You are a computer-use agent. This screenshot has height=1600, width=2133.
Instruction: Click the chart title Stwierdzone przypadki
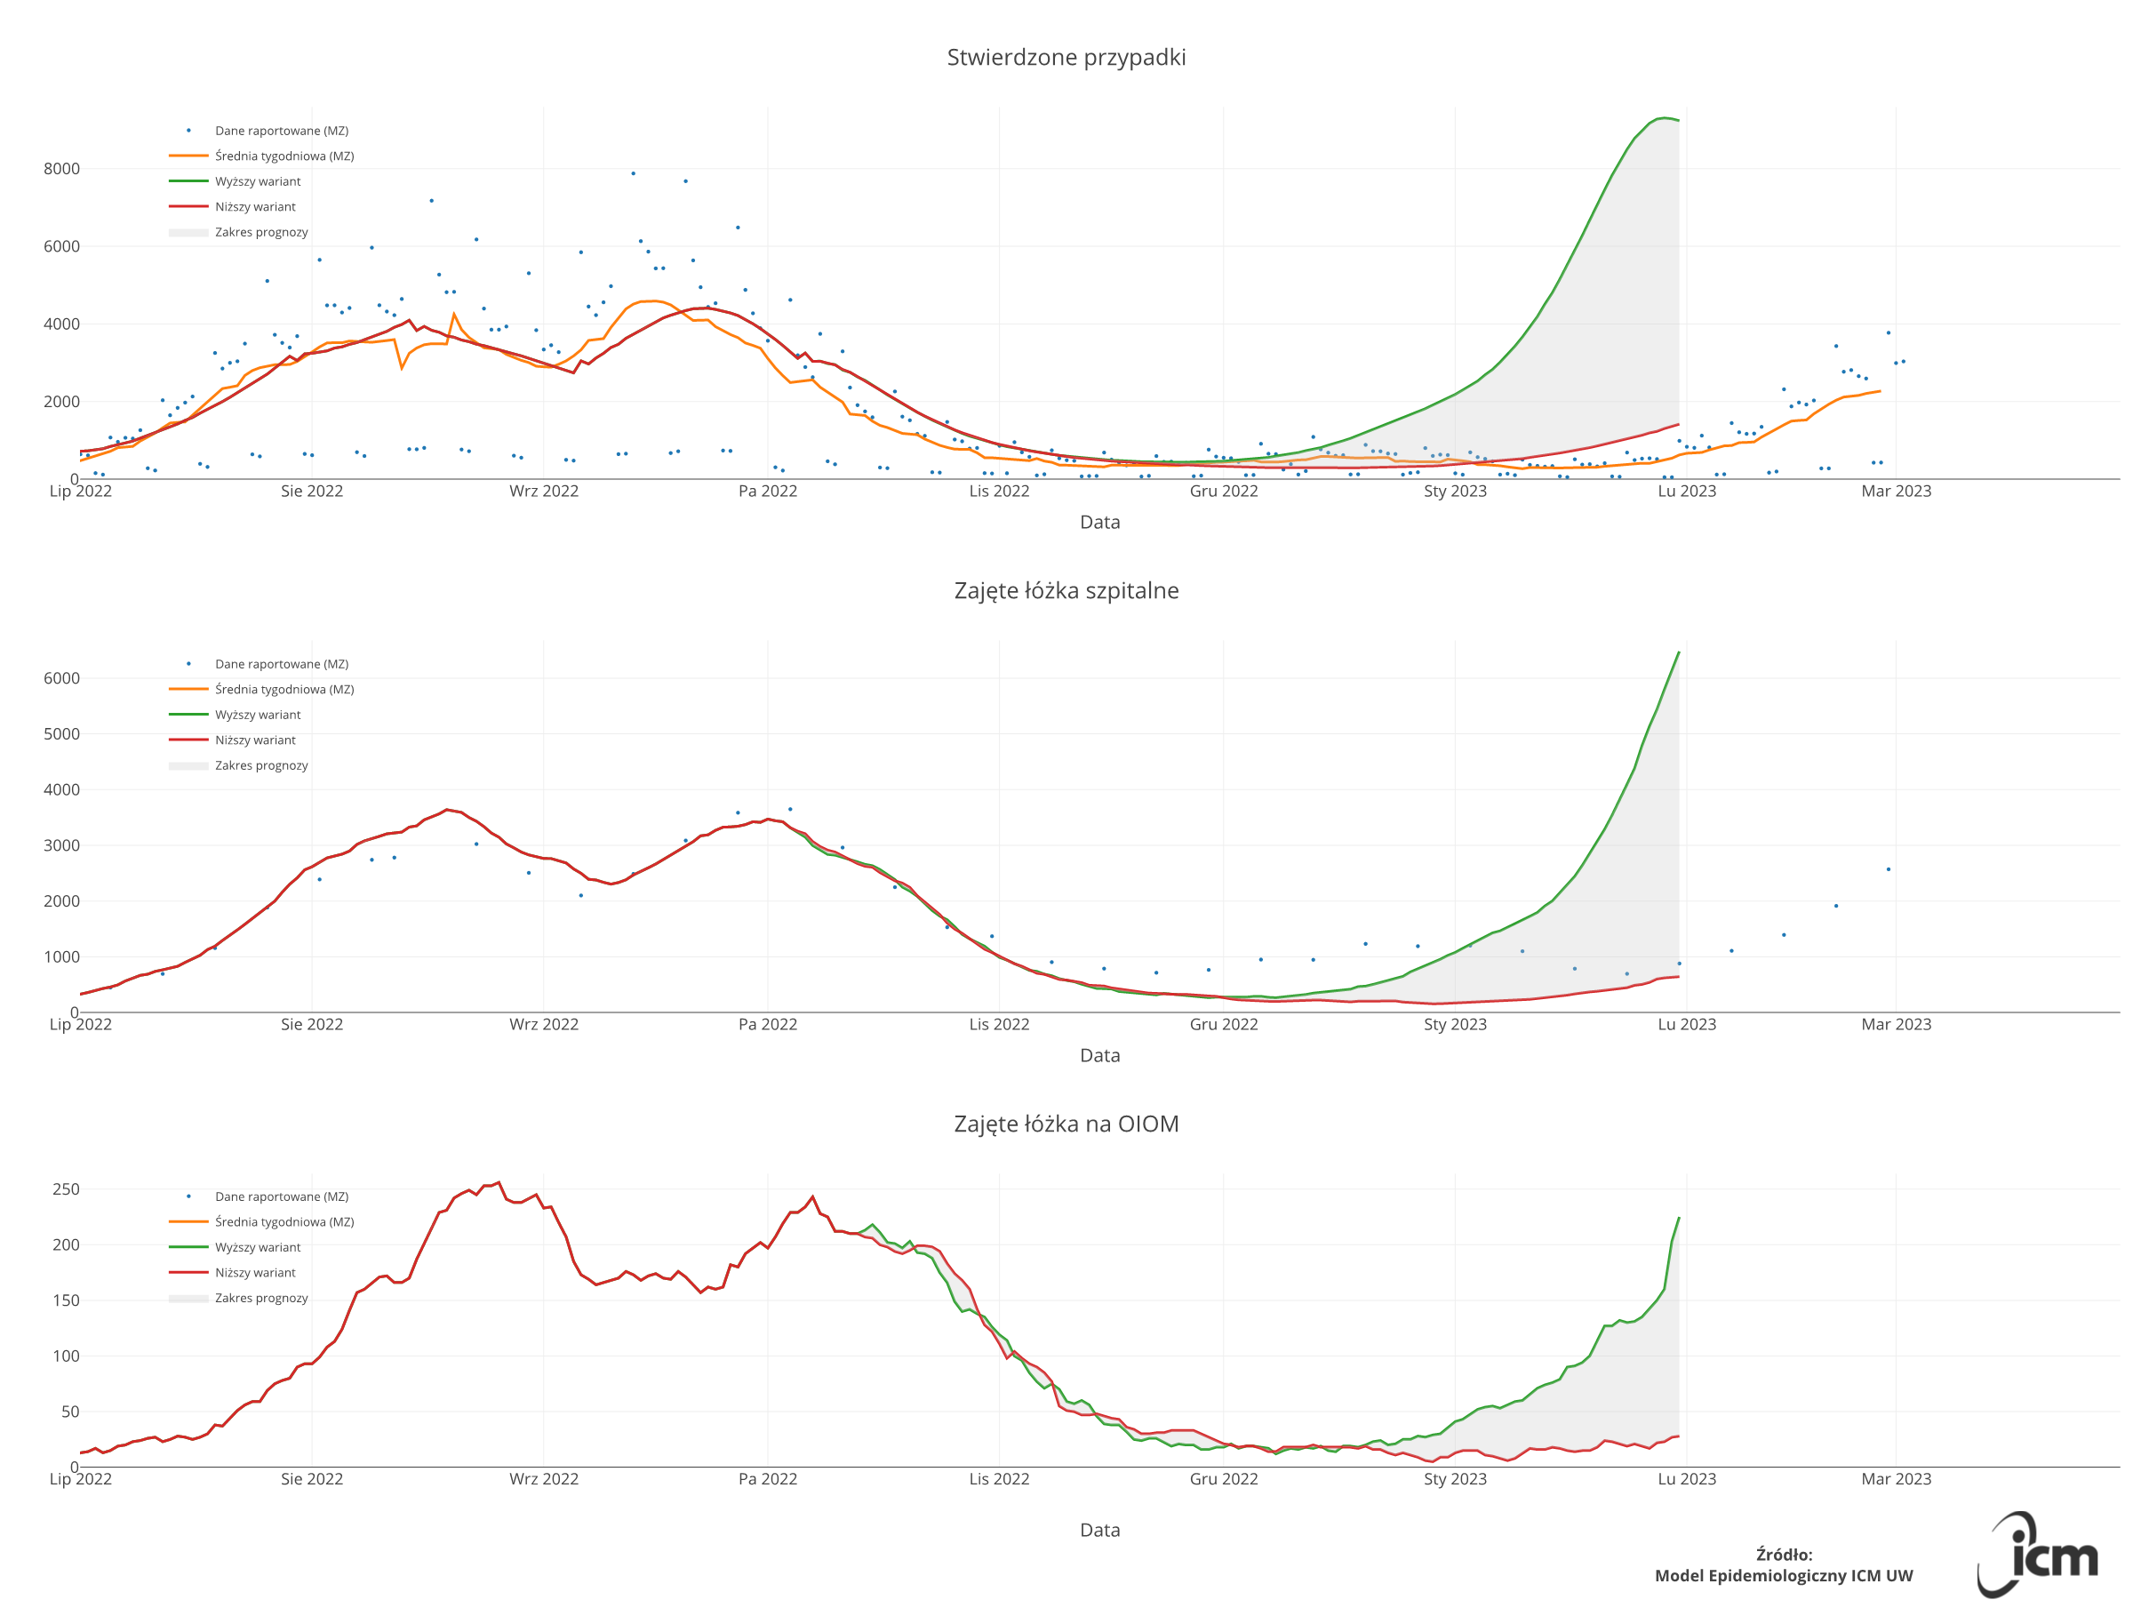point(1066,58)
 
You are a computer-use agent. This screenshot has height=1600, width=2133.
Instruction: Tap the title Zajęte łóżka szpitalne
point(1066,591)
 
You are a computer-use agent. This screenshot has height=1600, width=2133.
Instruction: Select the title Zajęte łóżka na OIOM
point(1066,1124)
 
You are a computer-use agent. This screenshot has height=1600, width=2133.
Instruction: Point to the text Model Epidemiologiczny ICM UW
point(1783,1576)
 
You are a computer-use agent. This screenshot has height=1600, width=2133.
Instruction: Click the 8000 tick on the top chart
point(60,169)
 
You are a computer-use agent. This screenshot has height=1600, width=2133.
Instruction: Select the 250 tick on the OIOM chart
point(66,1189)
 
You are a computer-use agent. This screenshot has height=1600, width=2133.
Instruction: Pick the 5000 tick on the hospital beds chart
point(60,734)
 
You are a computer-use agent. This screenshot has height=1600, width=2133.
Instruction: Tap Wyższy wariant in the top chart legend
point(258,181)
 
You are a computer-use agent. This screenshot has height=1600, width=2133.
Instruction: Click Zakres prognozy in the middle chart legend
point(261,765)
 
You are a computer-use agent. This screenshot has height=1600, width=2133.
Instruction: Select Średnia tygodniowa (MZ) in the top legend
point(284,156)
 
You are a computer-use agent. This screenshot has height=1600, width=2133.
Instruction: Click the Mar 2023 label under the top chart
point(1896,491)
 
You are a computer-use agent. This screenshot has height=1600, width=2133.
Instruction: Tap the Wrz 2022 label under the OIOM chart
point(544,1479)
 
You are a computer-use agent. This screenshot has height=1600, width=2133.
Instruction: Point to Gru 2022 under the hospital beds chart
point(1224,1024)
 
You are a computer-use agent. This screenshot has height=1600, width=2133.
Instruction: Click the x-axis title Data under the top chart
point(1099,523)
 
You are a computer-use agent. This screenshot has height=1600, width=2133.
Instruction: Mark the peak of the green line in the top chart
point(1664,117)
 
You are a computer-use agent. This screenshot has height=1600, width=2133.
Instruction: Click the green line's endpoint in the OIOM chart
point(1679,1218)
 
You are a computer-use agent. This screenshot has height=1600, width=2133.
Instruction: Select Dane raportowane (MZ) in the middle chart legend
point(282,665)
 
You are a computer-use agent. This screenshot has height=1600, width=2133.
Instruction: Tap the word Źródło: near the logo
point(1784,1555)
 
